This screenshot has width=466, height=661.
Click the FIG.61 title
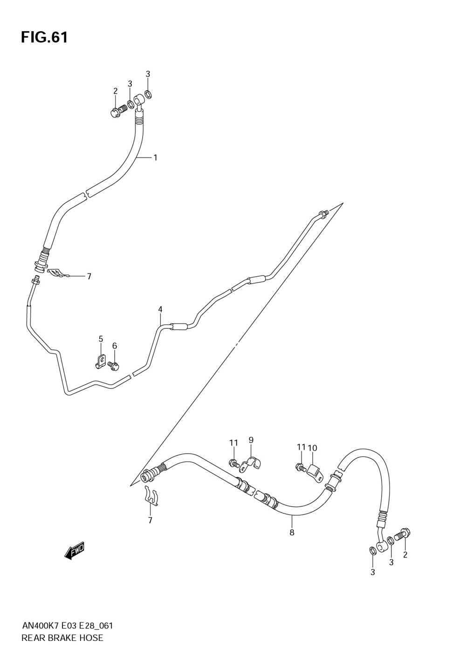pos(44,37)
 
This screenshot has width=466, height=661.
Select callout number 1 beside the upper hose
pos(155,157)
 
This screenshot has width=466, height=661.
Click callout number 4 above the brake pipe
pos(160,309)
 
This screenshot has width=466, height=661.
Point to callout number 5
pos(101,339)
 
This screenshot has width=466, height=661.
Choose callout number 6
pos(114,346)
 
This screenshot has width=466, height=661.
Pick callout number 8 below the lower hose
pos(292,532)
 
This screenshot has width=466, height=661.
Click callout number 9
pos(251,440)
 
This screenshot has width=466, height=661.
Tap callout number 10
pos(312,448)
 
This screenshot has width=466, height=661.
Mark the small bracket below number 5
pos(100,361)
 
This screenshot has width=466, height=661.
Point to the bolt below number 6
pos(114,366)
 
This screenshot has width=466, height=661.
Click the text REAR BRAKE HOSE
pos(62,638)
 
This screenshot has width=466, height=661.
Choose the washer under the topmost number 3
pos(148,95)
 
